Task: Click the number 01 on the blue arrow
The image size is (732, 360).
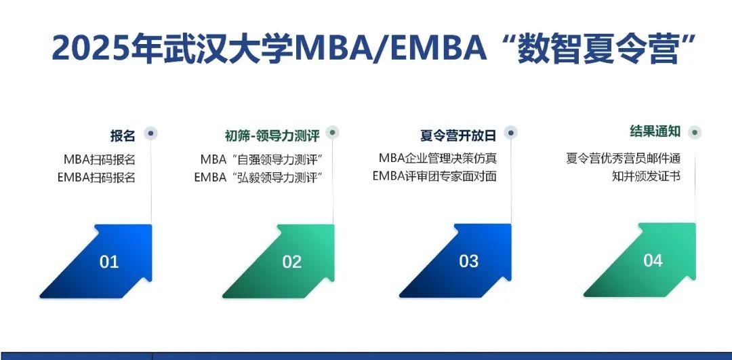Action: point(109,262)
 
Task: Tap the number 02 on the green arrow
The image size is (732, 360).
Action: point(292,262)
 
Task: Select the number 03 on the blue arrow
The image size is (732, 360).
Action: point(469,262)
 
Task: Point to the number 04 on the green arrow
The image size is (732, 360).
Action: point(653,260)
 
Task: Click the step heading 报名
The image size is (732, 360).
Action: point(123,136)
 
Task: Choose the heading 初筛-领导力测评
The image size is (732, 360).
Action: point(272,136)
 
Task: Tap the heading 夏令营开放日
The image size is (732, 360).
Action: point(458,136)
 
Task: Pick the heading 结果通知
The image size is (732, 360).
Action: point(655,132)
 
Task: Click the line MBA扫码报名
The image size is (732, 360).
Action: point(100,160)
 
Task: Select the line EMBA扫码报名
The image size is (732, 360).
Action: point(96,178)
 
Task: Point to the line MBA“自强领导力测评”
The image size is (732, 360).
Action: point(260,160)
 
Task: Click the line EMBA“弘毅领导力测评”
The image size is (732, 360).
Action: point(257,178)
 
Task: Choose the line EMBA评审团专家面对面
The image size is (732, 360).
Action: point(434,176)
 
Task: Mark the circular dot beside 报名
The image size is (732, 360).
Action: point(152,133)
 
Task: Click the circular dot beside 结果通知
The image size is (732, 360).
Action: point(695,132)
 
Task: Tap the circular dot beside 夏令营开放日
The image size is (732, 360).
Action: point(511,132)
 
